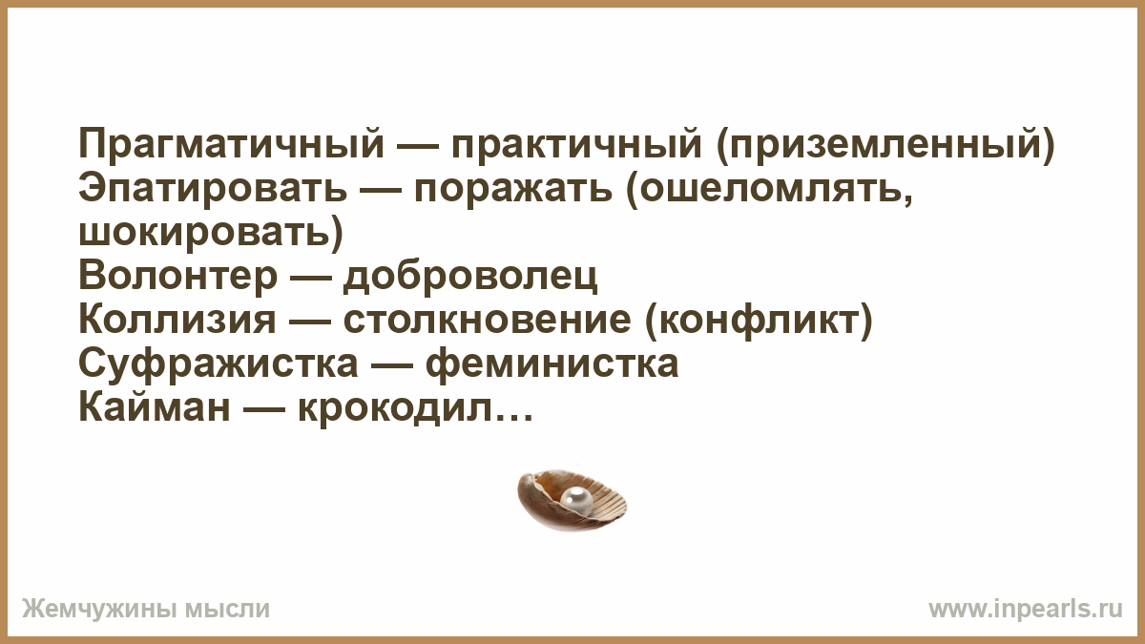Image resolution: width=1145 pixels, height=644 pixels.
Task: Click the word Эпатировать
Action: [213, 189]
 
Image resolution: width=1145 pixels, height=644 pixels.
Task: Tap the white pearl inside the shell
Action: [576, 499]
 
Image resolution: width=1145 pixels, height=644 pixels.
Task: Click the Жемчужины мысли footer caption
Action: [146, 610]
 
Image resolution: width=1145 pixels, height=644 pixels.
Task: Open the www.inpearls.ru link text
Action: [1026, 610]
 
